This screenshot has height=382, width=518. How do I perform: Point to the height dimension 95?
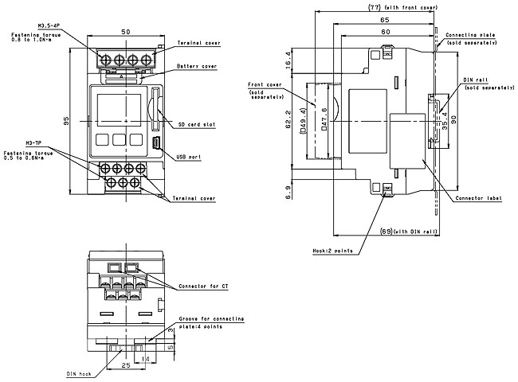click(x=66, y=120)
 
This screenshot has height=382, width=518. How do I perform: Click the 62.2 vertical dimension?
click(x=288, y=119)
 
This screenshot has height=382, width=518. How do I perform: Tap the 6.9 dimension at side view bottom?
click(x=288, y=193)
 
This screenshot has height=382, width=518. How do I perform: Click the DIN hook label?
click(x=79, y=372)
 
